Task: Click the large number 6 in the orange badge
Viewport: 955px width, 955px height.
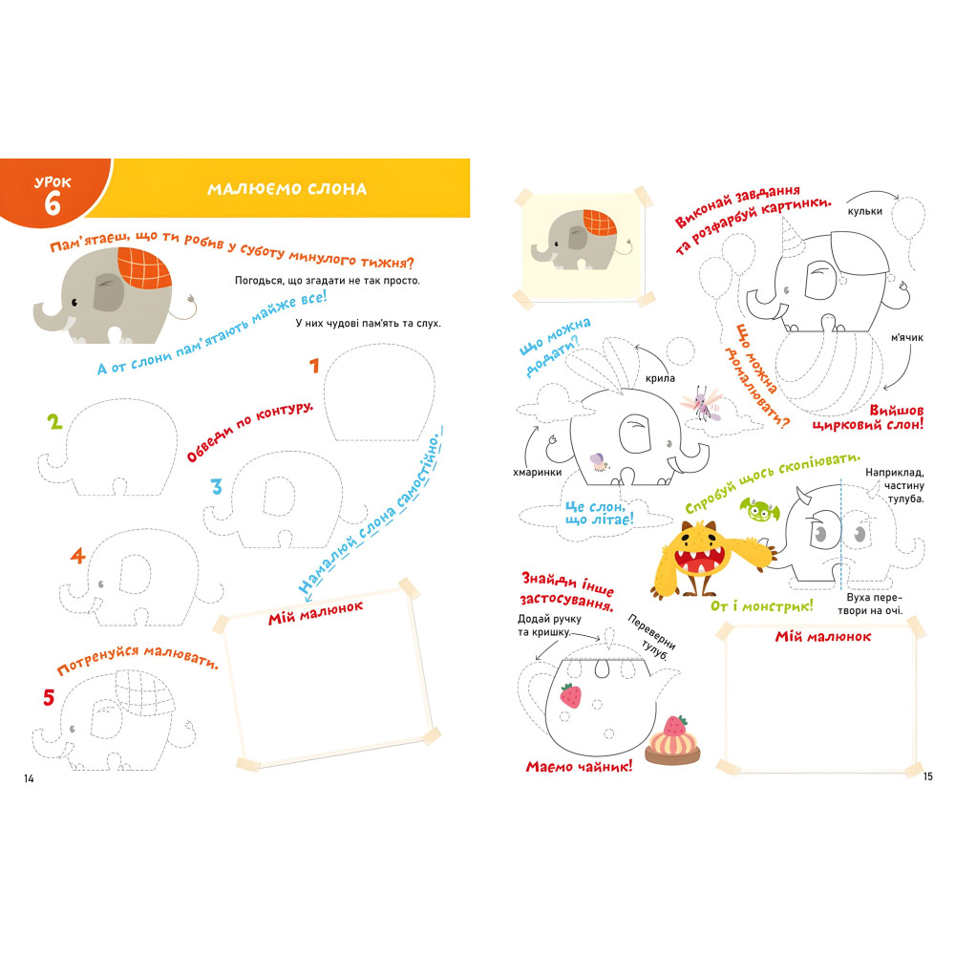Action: click(53, 202)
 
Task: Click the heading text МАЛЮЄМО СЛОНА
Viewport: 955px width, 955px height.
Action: click(286, 189)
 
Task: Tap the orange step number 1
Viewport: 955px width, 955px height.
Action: click(314, 366)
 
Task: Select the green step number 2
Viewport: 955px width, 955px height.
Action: click(54, 422)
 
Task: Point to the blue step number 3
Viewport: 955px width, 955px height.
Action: click(216, 487)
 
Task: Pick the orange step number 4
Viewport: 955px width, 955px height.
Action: click(77, 556)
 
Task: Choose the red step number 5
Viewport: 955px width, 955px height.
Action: click(49, 697)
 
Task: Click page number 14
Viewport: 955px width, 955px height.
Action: click(29, 778)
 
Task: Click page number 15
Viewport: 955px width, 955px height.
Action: click(927, 775)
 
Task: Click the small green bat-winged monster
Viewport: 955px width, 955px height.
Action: click(759, 510)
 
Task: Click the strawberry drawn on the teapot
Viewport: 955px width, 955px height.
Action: click(571, 695)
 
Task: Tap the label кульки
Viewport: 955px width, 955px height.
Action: click(865, 211)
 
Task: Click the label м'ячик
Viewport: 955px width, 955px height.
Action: click(907, 337)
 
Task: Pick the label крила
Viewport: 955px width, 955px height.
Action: click(660, 378)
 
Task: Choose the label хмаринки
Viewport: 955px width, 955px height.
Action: click(537, 472)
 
